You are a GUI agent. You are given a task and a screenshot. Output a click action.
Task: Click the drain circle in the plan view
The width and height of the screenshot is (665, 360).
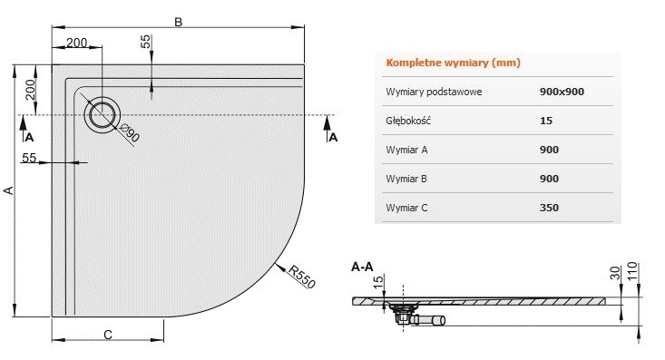101,114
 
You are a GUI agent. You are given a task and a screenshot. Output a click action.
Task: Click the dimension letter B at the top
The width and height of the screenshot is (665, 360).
179,24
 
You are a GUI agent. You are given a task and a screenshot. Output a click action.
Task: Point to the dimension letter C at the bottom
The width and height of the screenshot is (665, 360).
107,335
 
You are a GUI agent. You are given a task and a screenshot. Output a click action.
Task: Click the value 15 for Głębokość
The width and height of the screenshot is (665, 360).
544,121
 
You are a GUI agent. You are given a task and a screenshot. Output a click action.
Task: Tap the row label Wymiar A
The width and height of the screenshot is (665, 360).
408,150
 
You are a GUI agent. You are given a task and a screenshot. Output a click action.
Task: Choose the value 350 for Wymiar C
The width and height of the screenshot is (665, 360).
548,208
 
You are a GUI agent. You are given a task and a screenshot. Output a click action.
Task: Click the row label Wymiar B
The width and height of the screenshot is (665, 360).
408,179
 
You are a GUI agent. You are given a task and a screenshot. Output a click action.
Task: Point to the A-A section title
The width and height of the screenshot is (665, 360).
361,267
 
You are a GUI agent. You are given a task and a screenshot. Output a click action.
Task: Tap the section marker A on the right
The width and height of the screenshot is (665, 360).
333,137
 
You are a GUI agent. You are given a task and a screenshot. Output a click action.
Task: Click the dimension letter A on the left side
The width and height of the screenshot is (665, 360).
10,190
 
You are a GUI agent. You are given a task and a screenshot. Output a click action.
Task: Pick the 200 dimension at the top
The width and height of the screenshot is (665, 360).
77,43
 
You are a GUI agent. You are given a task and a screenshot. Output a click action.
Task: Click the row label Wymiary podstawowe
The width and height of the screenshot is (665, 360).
433,92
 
